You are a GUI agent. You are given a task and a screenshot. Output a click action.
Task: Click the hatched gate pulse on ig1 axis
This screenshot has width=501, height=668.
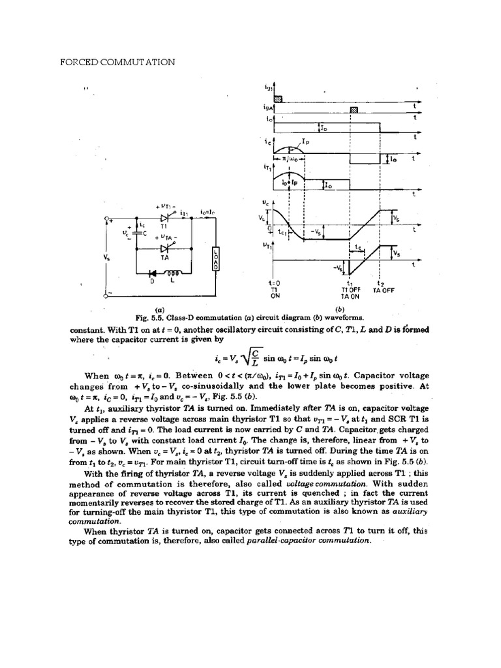tap(278, 97)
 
